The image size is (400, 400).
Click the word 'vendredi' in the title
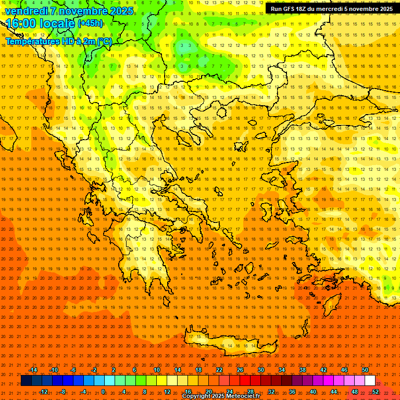[x=26, y=11]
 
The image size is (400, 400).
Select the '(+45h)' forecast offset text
[x=91, y=23]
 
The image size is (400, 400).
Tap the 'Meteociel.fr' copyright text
[x=242, y=396]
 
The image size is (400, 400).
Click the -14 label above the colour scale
[x=33, y=370]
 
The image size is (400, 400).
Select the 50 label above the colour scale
[x=365, y=370]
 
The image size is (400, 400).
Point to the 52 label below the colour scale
[x=376, y=391]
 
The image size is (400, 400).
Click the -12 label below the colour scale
[x=44, y=391]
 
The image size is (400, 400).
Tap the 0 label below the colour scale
[x=103, y=391]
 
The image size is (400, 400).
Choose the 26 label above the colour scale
[x=240, y=370]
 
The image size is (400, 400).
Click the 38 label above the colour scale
[x=303, y=370]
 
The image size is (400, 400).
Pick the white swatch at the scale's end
[x=370, y=380]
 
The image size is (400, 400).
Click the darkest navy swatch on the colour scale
[x=26, y=380]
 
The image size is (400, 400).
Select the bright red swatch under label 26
[x=245, y=380]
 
